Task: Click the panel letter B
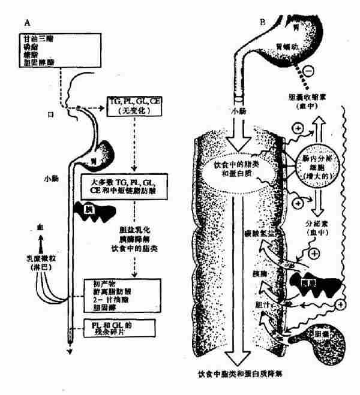tap(262, 22)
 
